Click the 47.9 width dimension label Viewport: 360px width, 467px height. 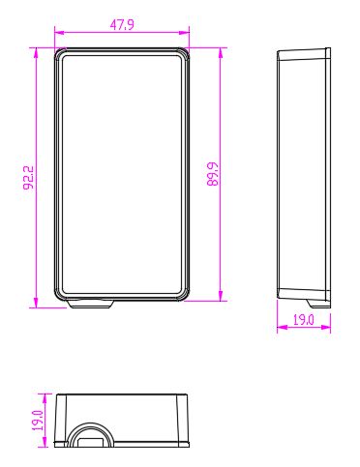tap(122, 25)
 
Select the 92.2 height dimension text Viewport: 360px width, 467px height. tap(29, 178)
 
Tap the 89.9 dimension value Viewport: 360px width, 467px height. tap(213, 174)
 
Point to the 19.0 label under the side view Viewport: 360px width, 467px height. tap(303, 320)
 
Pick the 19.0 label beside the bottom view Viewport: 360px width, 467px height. tap(38, 421)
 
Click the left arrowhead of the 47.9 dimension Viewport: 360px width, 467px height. tap(60, 32)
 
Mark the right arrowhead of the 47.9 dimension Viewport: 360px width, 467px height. tap(184, 32)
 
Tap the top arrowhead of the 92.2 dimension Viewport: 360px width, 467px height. tap(36, 53)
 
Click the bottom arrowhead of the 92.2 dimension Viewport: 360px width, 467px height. tap(36, 303)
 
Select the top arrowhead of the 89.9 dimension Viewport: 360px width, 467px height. tap(221, 53)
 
